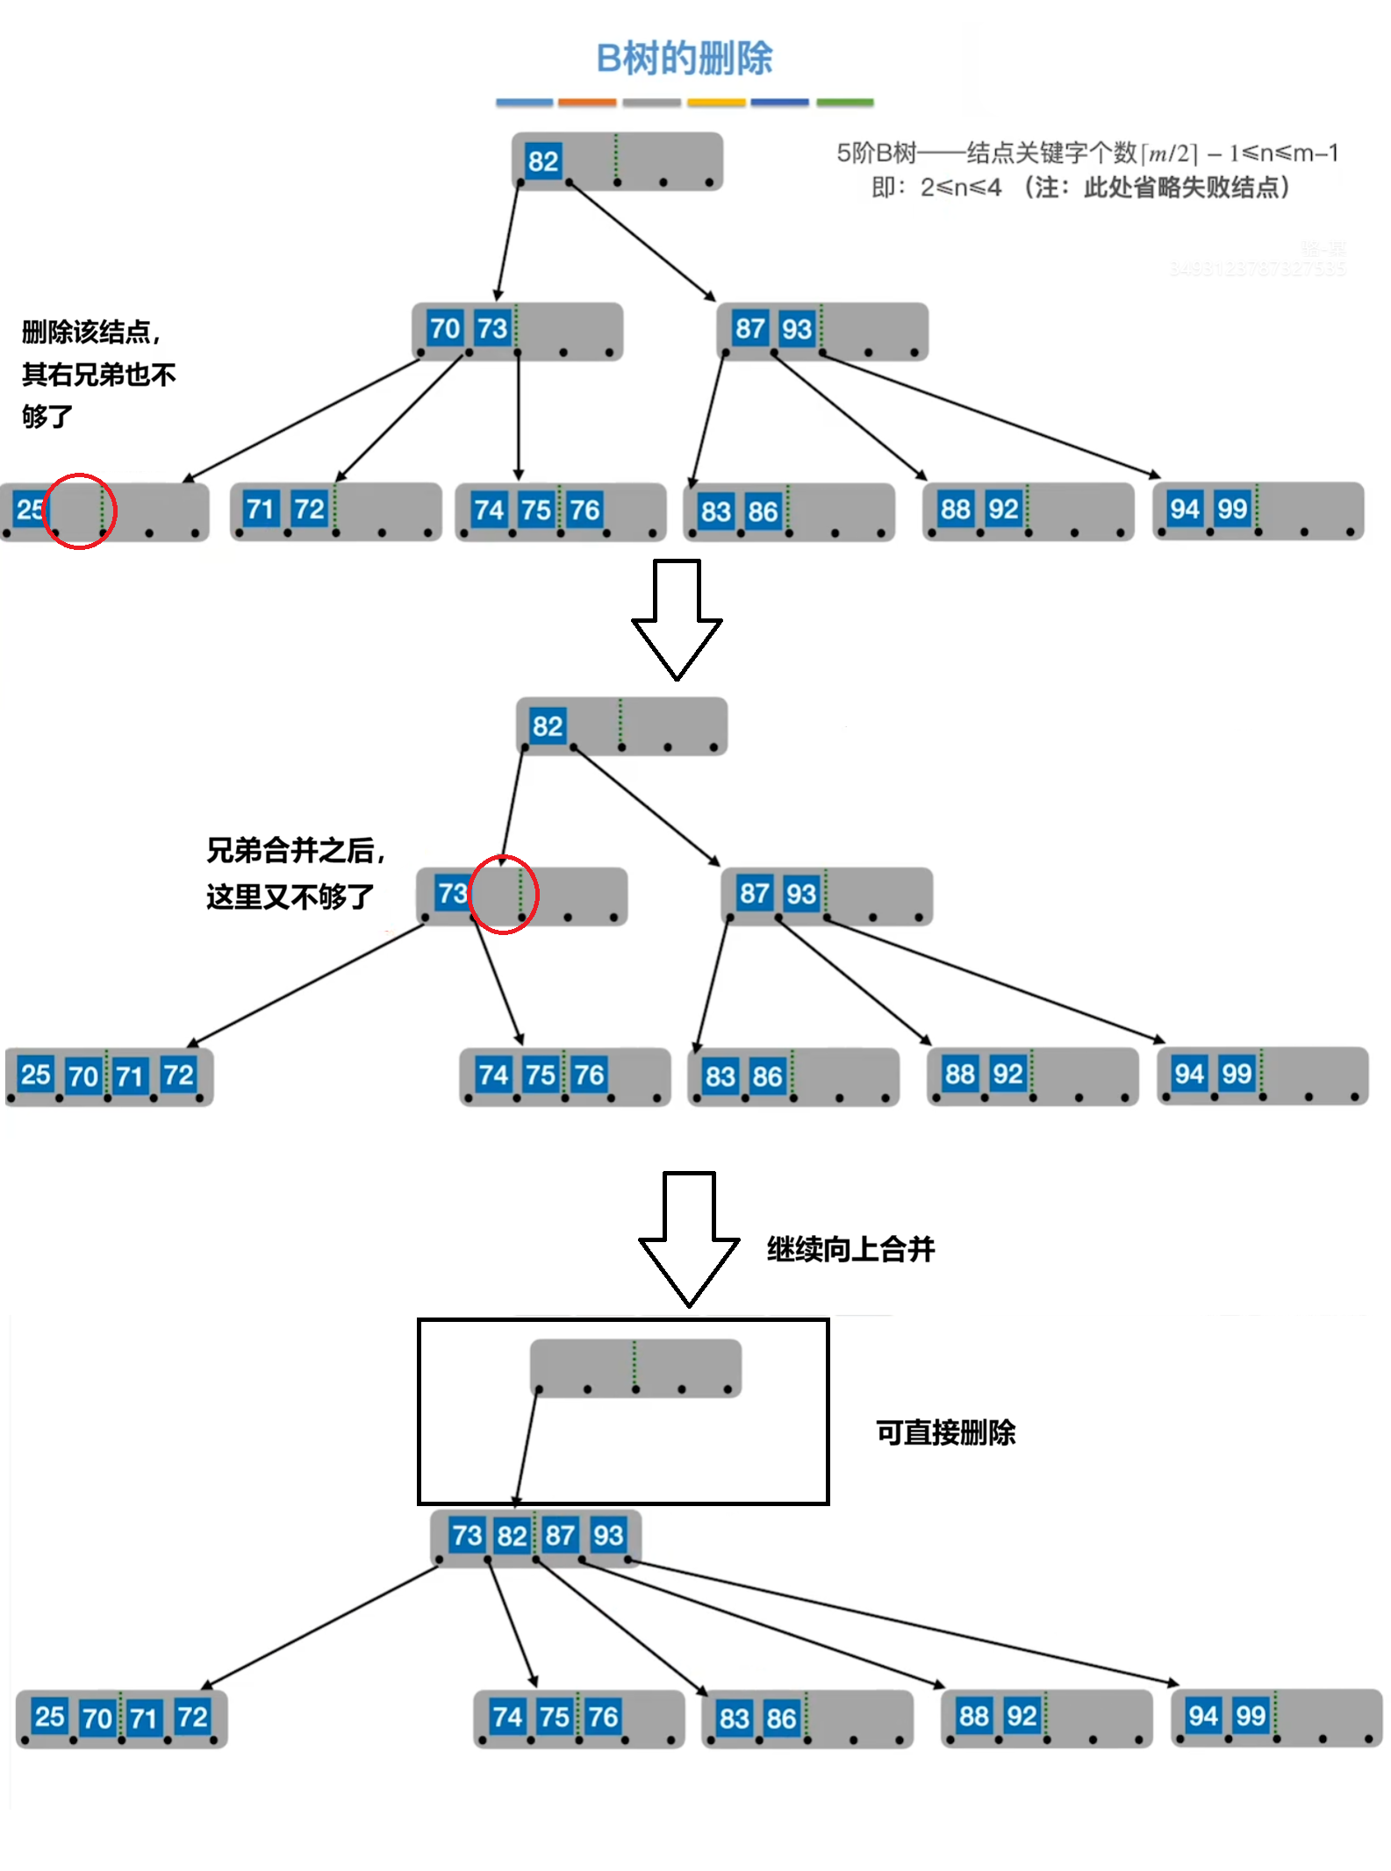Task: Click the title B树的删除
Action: click(x=684, y=59)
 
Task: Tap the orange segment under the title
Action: click(x=586, y=103)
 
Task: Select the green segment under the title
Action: click(x=844, y=103)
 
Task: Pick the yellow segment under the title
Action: click(x=716, y=103)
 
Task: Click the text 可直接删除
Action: click(x=945, y=1432)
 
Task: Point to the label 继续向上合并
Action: click(x=850, y=1248)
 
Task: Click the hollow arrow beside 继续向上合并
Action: click(x=689, y=1238)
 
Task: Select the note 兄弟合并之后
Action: click(x=295, y=850)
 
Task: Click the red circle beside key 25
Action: click(x=80, y=511)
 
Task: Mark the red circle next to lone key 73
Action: click(x=503, y=894)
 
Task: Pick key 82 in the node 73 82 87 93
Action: click(x=512, y=1535)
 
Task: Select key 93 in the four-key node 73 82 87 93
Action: click(x=607, y=1535)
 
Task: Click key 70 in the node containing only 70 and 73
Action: click(x=444, y=329)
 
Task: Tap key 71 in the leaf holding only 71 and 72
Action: click(x=260, y=509)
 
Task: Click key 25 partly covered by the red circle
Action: click(x=29, y=509)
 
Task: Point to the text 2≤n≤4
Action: click(x=960, y=188)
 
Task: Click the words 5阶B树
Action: click(x=875, y=154)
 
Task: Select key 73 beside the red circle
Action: click(x=452, y=893)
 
